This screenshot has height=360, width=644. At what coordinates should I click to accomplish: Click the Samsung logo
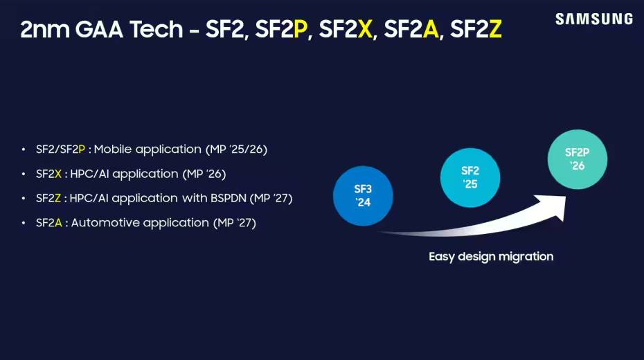(x=593, y=19)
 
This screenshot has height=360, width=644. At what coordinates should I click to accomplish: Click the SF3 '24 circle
(x=363, y=196)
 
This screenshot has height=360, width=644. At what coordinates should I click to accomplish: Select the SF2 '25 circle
(x=470, y=178)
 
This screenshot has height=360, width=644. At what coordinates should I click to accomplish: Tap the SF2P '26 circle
(x=577, y=159)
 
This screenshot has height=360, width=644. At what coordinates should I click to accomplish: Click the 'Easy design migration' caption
(x=491, y=257)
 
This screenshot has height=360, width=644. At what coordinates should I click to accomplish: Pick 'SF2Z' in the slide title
(x=476, y=30)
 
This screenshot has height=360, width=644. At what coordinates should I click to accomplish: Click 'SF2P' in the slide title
(x=280, y=30)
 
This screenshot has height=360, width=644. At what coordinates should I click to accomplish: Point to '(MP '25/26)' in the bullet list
(x=237, y=149)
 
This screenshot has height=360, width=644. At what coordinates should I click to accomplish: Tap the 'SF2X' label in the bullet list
(x=48, y=174)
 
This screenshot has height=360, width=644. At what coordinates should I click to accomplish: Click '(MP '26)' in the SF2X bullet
(x=204, y=174)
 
